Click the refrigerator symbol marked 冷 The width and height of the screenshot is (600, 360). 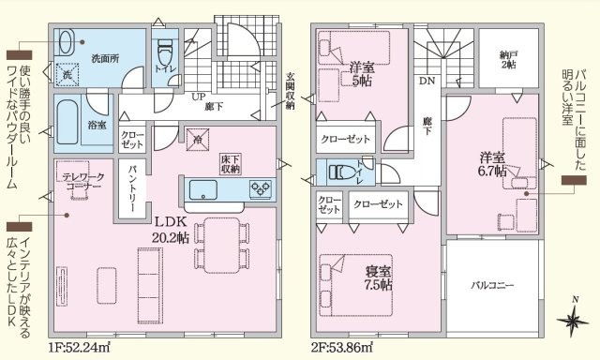(x=198, y=141)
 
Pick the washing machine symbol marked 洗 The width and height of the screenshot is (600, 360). (x=67, y=75)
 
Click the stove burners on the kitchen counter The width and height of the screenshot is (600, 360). (x=260, y=188)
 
